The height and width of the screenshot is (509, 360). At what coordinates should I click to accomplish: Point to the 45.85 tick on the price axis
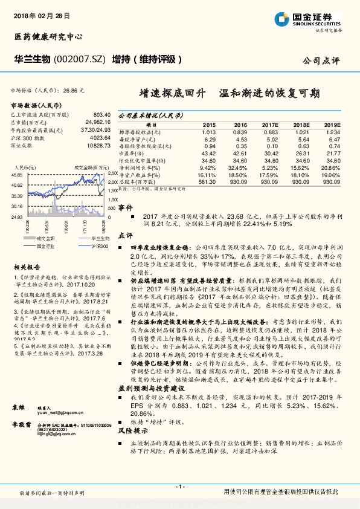(16, 174)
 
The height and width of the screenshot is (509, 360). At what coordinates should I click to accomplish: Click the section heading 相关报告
(27, 267)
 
